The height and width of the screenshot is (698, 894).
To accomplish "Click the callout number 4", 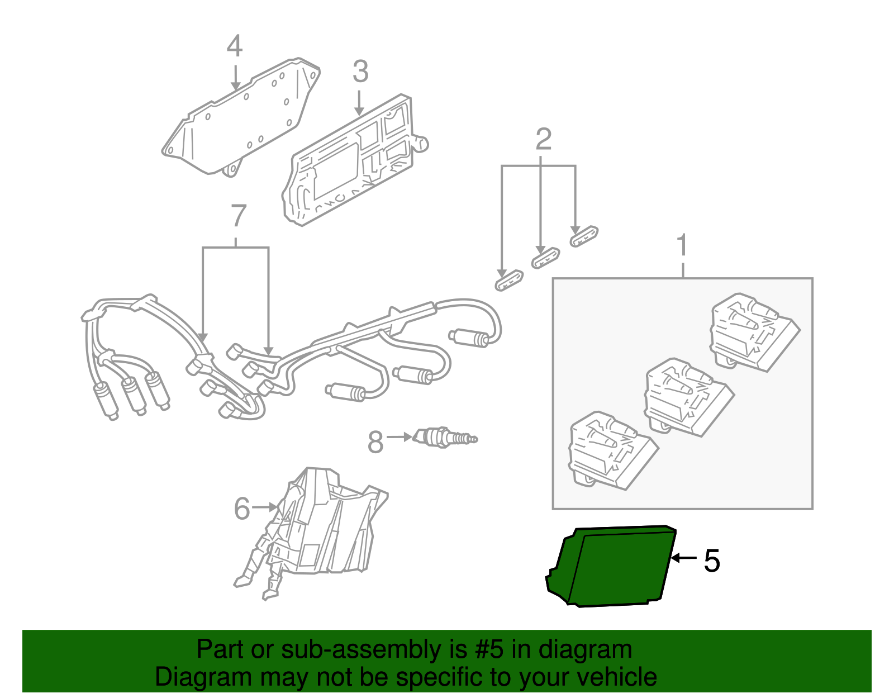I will [235, 46].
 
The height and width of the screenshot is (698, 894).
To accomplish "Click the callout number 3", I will [360, 72].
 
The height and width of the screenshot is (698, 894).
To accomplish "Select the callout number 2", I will [543, 140].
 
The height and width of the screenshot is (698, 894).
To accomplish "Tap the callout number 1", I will [682, 246].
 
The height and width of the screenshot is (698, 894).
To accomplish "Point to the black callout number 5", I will [711, 561].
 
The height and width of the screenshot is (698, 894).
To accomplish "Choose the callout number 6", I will [242, 509].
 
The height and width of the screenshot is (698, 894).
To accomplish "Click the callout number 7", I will [238, 216].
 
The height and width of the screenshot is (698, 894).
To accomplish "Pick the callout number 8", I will [375, 443].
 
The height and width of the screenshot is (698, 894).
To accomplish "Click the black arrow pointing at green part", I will [684, 558].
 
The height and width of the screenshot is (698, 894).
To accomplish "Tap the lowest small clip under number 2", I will [509, 280].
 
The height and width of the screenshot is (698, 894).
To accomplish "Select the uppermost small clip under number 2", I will [584, 236].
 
